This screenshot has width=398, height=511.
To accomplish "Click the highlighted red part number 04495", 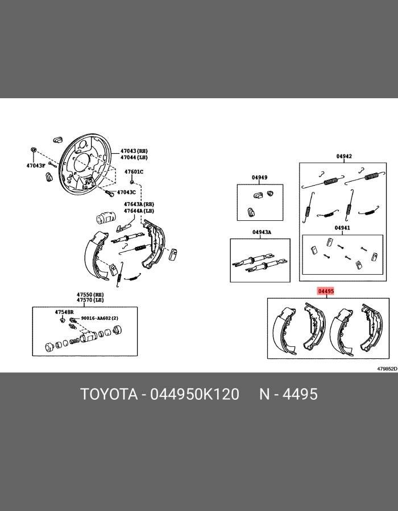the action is [326, 291].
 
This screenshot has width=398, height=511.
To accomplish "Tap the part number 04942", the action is [344, 156].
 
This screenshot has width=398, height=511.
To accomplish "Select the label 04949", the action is [259, 177].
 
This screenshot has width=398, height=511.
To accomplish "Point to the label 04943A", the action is [262, 232].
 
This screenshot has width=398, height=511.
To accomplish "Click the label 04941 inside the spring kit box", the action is [342, 228].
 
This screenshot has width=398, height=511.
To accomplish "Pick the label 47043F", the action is [36, 166].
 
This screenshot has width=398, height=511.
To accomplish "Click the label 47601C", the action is [134, 171].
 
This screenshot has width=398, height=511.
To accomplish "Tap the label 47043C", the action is [126, 192].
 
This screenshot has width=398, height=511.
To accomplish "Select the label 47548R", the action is [64, 312].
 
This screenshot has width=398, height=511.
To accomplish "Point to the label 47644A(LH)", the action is [139, 211].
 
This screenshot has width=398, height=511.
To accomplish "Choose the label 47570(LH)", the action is [90, 300].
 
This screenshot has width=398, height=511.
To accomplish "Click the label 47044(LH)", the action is [134, 157].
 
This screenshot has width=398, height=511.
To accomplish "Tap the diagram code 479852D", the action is [387, 368].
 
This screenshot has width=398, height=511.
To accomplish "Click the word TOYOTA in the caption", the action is [109, 394].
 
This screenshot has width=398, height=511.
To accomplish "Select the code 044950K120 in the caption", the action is [194, 394].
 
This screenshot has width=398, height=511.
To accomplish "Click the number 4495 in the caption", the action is [300, 394].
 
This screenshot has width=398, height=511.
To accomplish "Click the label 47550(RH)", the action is [90, 294].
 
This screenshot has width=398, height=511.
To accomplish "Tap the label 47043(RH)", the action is [134, 151].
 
